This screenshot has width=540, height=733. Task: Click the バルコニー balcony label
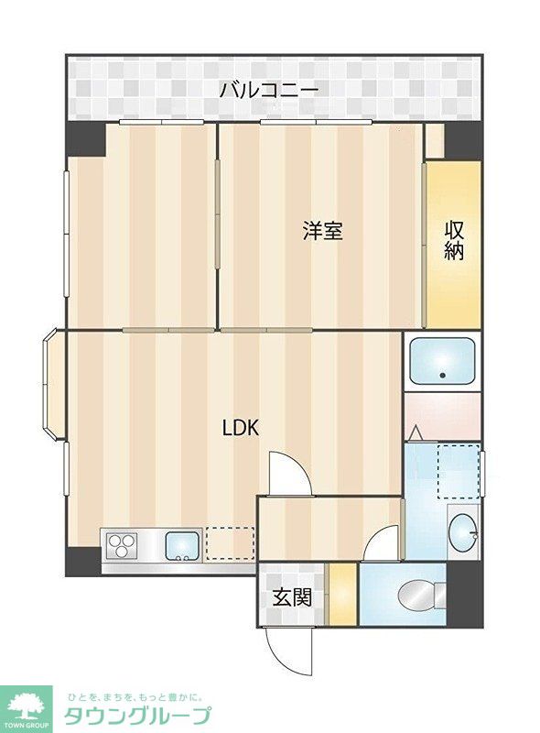click(269, 89)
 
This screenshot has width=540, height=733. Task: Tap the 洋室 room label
click(323, 231)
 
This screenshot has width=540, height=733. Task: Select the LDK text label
click(241, 428)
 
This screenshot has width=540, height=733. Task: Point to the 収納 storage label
click(453, 240)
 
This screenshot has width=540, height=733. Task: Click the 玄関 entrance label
click(292, 597)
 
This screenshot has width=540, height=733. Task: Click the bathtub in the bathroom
click(442, 360)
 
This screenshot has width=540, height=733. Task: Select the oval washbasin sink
click(462, 532)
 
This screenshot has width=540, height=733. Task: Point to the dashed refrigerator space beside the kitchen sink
click(231, 543)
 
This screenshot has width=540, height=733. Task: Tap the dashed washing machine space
click(459, 471)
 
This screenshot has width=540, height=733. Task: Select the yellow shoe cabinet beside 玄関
click(343, 594)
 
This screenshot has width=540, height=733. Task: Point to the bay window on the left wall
click(54, 384)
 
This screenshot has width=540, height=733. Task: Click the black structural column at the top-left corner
click(86, 139)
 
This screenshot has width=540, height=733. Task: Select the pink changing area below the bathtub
click(442, 416)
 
